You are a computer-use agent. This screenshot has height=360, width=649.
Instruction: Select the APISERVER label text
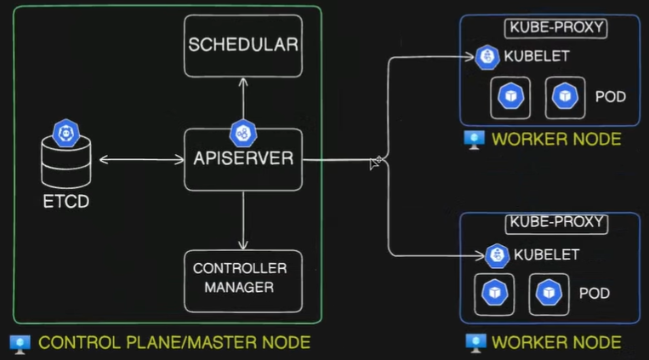pyautogui.click(x=243, y=158)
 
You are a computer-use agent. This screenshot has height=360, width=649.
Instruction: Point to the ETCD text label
pyautogui.click(x=66, y=202)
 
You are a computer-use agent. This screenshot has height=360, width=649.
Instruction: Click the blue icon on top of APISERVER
pyautogui.click(x=243, y=134)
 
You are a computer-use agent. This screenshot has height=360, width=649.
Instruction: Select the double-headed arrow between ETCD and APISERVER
pyautogui.click(x=141, y=159)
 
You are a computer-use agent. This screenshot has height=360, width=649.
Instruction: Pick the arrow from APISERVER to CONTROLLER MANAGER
pyautogui.click(x=243, y=220)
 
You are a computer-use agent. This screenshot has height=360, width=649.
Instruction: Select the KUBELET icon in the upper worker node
pyautogui.click(x=487, y=57)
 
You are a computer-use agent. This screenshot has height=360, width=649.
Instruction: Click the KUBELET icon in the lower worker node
pyautogui.click(x=497, y=255)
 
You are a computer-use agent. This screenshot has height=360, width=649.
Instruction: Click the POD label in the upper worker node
pyautogui.click(x=611, y=97)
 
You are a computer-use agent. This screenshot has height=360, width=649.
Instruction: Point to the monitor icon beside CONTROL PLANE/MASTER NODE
pyautogui.click(x=20, y=345)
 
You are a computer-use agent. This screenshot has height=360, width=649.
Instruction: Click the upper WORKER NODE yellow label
pyautogui.click(x=556, y=140)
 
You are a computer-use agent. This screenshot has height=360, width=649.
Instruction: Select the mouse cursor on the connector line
pyautogui.click(x=375, y=163)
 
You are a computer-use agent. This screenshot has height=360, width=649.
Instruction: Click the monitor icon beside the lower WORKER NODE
pyautogui.click(x=475, y=343)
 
